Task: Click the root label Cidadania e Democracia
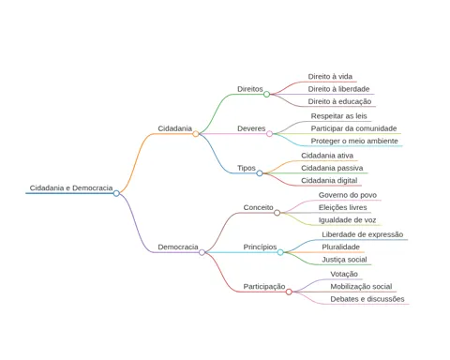point(71,187)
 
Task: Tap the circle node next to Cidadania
point(196,134)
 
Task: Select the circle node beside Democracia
point(202,252)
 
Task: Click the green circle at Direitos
point(266,94)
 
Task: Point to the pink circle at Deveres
point(269,134)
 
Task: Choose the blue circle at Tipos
point(260,173)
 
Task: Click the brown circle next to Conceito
point(277,213)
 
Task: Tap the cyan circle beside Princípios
point(280,252)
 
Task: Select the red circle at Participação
point(289,292)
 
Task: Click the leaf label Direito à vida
point(330,77)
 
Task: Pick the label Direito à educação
point(339,101)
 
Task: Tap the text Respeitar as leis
point(338,116)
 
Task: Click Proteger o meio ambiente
point(354,141)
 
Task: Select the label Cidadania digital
point(329,180)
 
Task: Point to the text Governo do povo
point(348,195)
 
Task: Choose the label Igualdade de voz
point(347,220)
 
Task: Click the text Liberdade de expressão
point(363,234)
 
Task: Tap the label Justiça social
point(344,260)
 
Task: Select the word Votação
point(344,274)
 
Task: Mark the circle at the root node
point(116,193)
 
